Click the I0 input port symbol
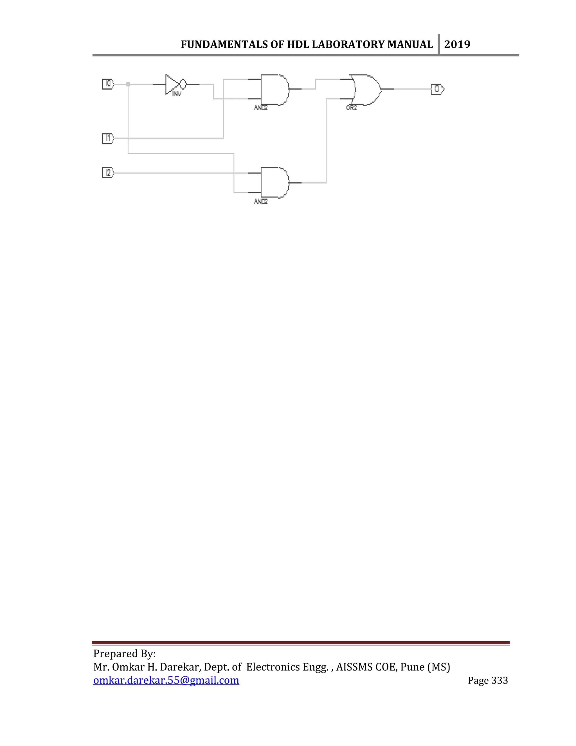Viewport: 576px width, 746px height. coord(108,84)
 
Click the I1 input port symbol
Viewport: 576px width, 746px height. coord(108,138)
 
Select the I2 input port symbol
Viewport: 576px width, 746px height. coord(108,173)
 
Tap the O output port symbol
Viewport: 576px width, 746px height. coord(437,89)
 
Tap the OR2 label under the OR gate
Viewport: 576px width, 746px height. coord(352,108)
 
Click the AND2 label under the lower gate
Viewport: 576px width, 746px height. coord(261,202)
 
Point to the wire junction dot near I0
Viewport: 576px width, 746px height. coord(128,84)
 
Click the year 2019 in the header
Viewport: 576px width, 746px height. coord(457,44)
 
